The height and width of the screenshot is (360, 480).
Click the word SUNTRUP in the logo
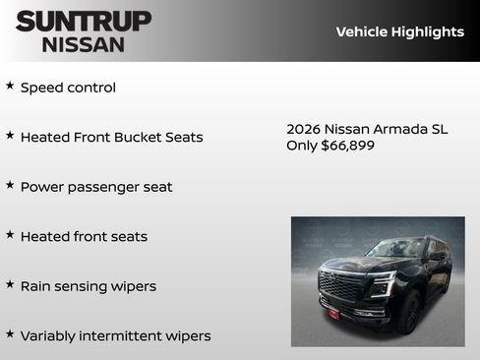tap(84, 21)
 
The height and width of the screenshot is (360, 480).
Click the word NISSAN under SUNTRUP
tap(84, 44)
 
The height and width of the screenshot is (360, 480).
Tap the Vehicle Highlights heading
tap(399, 31)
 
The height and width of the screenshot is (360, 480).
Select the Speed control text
tap(68, 88)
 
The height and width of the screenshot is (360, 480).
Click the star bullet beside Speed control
tap(10, 86)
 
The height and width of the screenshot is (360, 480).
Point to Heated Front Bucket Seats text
tap(111, 137)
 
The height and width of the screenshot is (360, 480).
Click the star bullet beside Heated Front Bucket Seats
tap(10, 135)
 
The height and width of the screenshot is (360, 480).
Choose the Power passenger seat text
tap(96, 187)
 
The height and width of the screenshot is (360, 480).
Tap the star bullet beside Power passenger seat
tap(10, 185)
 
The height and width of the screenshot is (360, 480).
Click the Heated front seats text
tap(84, 236)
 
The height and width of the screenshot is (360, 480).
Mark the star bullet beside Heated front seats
tap(10, 234)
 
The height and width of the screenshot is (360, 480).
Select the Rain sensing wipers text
tap(89, 286)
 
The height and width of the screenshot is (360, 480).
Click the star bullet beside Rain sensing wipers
tap(10, 284)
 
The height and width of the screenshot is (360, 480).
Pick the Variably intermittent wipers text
tap(115, 335)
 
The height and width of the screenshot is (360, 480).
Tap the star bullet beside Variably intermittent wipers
tap(10, 333)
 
